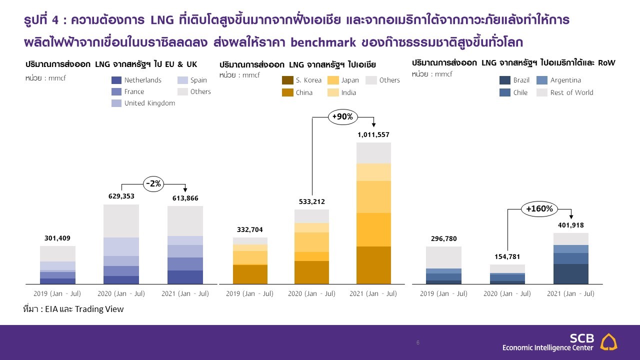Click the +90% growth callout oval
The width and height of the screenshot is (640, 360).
click(x=342, y=116)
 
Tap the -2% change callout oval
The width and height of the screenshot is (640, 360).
click(x=153, y=183)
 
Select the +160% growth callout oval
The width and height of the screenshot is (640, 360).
click(x=539, y=209)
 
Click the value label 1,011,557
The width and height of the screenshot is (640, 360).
click(x=373, y=134)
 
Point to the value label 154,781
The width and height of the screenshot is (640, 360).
click(x=507, y=256)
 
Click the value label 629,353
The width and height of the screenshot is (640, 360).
click(x=121, y=196)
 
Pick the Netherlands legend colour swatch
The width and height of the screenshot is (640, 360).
click(x=116, y=80)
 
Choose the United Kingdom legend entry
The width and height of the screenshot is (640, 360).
click(x=143, y=103)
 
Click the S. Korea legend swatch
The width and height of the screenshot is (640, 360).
click(x=287, y=80)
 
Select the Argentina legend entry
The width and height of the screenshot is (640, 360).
click(x=558, y=80)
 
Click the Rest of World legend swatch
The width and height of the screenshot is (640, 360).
click(x=541, y=92)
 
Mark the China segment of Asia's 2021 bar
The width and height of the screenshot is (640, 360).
click(x=373, y=265)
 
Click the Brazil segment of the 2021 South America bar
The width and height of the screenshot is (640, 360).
click(x=570, y=274)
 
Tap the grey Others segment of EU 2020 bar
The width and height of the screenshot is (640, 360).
click(x=121, y=221)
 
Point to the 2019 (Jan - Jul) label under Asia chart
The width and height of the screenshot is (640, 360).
click(x=249, y=293)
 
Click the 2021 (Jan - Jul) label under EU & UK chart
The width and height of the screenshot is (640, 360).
click(x=185, y=293)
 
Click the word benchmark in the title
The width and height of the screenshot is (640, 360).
click(x=323, y=42)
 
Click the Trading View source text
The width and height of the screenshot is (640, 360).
click(x=99, y=309)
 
